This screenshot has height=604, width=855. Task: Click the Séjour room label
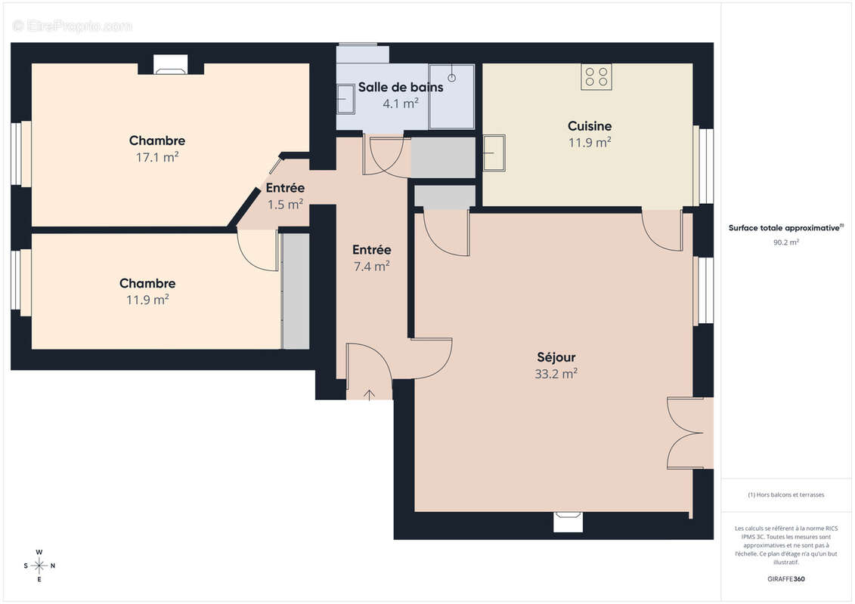point(556,356)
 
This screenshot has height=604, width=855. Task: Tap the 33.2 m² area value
point(556,373)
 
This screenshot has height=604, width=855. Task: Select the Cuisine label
point(590,126)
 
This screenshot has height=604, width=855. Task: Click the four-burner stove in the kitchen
point(596,76)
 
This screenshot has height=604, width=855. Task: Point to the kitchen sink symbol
point(494,153)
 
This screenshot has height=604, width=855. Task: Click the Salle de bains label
point(401,87)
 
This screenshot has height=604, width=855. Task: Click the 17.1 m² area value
point(157,157)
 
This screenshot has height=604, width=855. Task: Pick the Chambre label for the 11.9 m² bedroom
point(147,283)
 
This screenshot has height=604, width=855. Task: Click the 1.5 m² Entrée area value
point(285,204)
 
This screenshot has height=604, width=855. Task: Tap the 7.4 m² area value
point(371,266)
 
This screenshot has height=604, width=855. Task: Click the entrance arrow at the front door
point(369,395)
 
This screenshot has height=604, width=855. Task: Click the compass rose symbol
point(39,565)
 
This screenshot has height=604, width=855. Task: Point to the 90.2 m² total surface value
point(786,242)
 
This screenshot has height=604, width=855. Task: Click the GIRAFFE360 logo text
point(786,579)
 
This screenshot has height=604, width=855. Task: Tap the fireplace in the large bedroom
point(170,66)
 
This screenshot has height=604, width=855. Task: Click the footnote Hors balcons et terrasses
point(786,495)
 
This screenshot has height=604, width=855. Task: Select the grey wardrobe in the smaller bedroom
point(296,291)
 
